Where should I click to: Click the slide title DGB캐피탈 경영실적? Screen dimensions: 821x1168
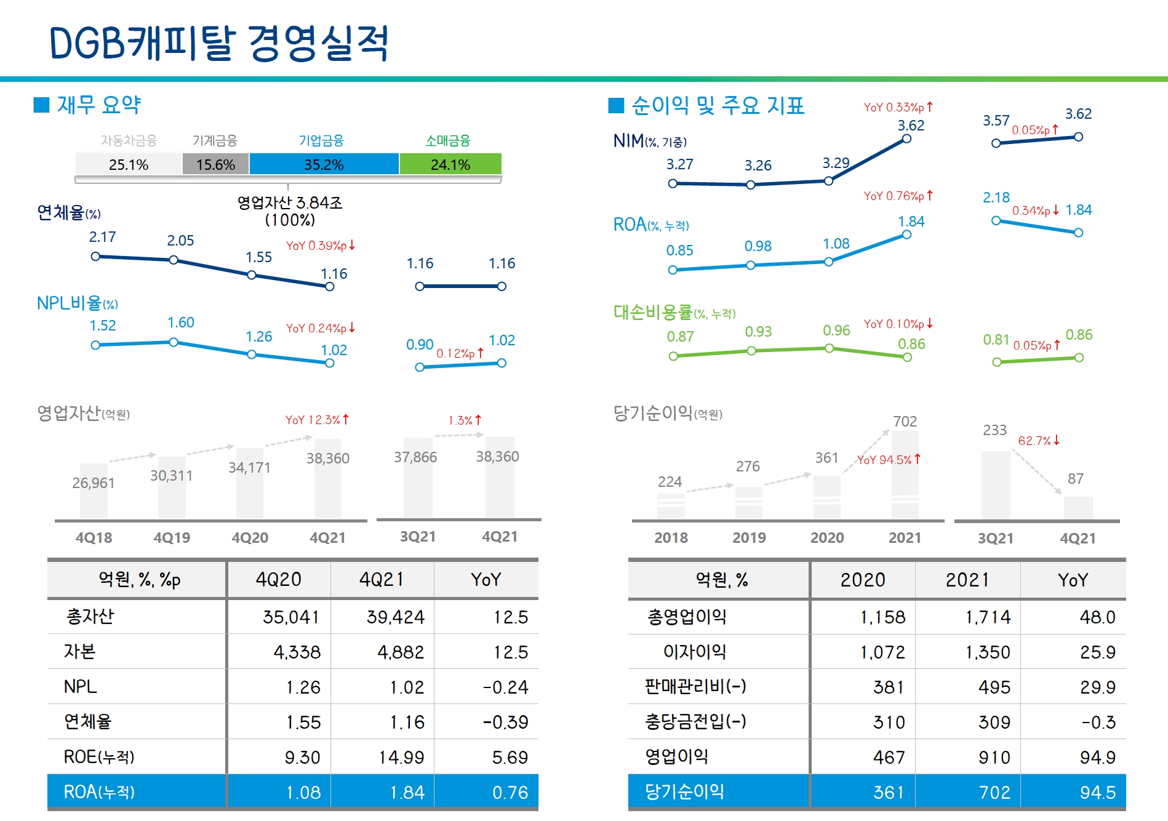click(x=218, y=43)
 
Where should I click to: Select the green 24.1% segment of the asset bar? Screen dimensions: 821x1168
click(x=450, y=164)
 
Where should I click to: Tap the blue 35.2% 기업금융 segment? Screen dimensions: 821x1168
click(x=324, y=164)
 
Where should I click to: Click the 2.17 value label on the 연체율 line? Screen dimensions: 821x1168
click(x=102, y=237)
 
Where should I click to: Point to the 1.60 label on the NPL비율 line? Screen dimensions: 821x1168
click(x=180, y=322)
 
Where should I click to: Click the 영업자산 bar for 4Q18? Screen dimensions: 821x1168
click(x=94, y=491)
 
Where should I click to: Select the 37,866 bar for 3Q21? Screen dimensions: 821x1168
click(x=417, y=478)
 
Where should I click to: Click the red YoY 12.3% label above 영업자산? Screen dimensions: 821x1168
click(x=317, y=420)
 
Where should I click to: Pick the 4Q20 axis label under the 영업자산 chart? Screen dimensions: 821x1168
click(x=249, y=538)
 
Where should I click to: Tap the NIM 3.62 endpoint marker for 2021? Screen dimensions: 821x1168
click(x=906, y=139)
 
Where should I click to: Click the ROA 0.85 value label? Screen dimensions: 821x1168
click(x=679, y=250)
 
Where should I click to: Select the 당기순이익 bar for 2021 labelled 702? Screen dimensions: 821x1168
click(x=905, y=474)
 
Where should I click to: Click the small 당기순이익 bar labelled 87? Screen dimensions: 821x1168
click(x=1078, y=508)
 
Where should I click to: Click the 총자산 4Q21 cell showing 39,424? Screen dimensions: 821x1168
click(x=395, y=617)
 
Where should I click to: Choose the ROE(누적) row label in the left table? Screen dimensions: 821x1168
click(x=99, y=757)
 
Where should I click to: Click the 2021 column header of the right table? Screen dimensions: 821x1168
click(x=967, y=580)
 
